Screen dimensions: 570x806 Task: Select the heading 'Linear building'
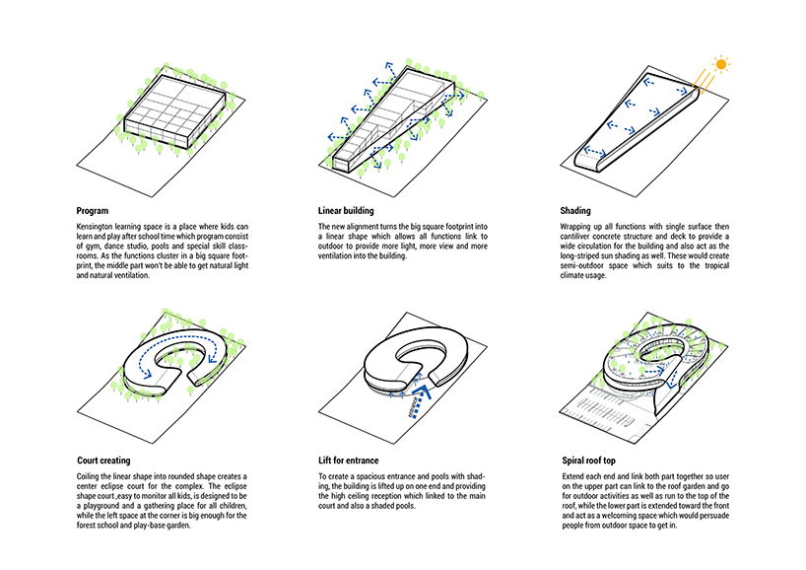point(347,210)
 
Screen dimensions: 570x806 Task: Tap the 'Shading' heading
point(576,210)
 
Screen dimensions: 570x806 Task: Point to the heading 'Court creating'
point(107,460)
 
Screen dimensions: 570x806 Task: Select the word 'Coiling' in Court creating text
point(91,475)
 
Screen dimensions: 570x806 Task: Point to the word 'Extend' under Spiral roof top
point(574,475)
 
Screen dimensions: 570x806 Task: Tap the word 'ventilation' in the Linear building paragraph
point(341,256)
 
